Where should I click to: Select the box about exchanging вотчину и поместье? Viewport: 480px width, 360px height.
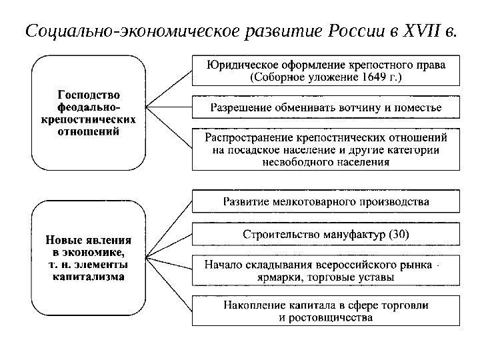(326, 107)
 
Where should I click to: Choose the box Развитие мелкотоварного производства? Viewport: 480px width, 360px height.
(326, 201)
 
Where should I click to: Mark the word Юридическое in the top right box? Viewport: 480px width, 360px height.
(241, 65)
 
